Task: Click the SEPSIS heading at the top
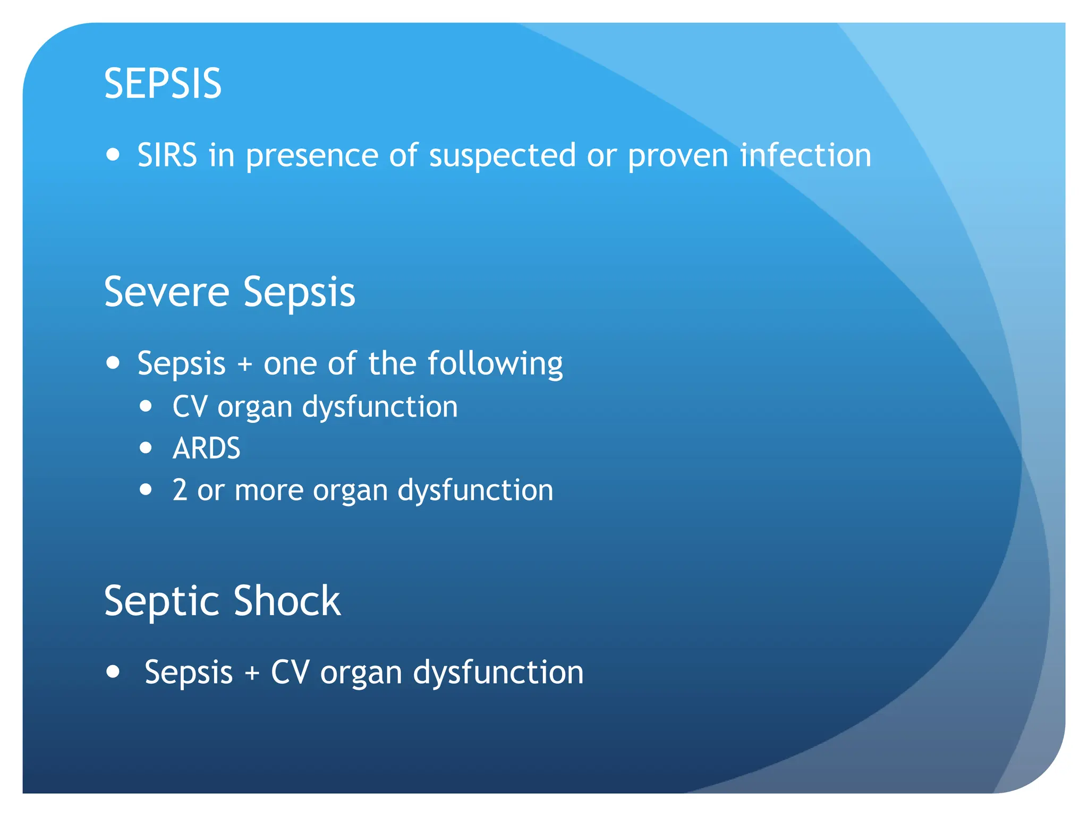pyautogui.click(x=163, y=83)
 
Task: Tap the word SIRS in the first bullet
pyautogui.click(x=167, y=155)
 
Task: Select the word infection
pyautogui.click(x=805, y=155)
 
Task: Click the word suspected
pyautogui.click(x=502, y=156)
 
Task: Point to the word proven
pyautogui.click(x=677, y=156)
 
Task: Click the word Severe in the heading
pyautogui.click(x=166, y=292)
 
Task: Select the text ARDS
pyautogui.click(x=206, y=448)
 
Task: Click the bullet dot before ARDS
pyautogui.click(x=146, y=448)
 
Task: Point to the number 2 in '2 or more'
pyautogui.click(x=180, y=490)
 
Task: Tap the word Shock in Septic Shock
pyautogui.click(x=287, y=600)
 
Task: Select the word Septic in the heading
pyautogui.click(x=162, y=601)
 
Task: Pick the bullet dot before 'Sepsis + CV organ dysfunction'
pyautogui.click(x=113, y=671)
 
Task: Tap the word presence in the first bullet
pyautogui.click(x=312, y=156)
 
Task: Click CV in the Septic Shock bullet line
pyautogui.click(x=290, y=672)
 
